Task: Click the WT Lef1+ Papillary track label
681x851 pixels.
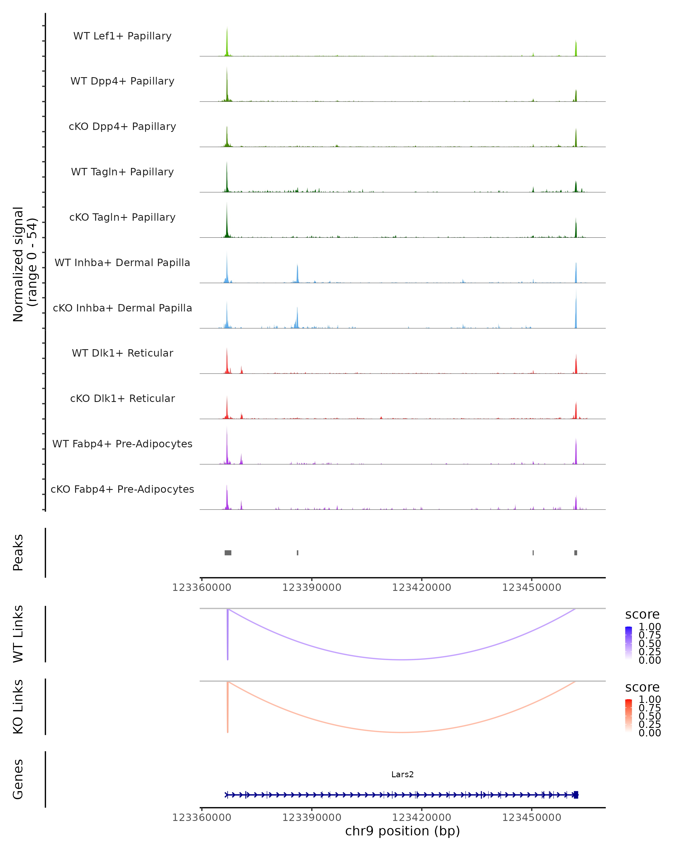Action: (x=122, y=36)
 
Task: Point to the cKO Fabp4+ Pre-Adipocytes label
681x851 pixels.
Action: (x=122, y=489)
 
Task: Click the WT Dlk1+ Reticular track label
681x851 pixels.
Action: (x=122, y=353)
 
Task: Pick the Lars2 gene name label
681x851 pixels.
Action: (x=402, y=774)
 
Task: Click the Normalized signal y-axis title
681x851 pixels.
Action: (x=24, y=264)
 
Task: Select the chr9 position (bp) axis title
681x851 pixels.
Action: (x=402, y=831)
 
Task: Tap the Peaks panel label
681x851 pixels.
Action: (x=18, y=553)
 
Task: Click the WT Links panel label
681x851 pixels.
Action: (x=18, y=634)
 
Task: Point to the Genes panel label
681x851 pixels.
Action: (x=18, y=780)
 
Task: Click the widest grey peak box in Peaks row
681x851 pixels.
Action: (x=228, y=553)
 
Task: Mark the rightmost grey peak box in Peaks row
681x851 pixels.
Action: (x=576, y=553)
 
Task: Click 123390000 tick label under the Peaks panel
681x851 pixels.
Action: (x=312, y=587)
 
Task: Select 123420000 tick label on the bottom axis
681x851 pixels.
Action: (x=421, y=818)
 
